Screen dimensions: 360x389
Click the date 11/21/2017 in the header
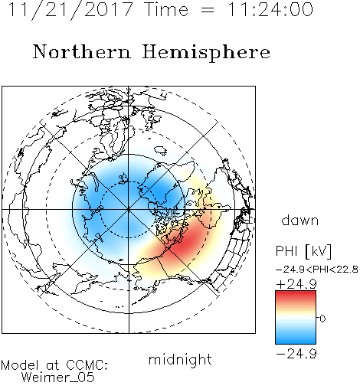70,10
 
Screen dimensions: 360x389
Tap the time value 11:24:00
270,9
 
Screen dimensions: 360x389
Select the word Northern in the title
82,52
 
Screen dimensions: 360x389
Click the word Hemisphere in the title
206,53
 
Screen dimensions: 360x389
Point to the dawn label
300,220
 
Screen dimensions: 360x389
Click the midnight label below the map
180,360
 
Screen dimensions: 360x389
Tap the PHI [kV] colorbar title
303,251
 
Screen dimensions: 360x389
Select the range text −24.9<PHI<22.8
317,270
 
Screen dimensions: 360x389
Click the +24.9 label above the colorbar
296,284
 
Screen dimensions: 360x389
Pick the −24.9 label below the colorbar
296,354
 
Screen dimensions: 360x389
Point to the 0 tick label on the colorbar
322,319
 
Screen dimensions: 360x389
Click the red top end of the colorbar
296,293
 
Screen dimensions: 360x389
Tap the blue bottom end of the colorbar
296,341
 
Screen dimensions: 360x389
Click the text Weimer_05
58,378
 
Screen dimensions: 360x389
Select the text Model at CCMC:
54,365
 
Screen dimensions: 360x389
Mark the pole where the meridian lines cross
129,209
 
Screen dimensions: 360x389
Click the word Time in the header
166,10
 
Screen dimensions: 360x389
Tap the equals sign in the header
208,10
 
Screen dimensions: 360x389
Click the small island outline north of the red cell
160,151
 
